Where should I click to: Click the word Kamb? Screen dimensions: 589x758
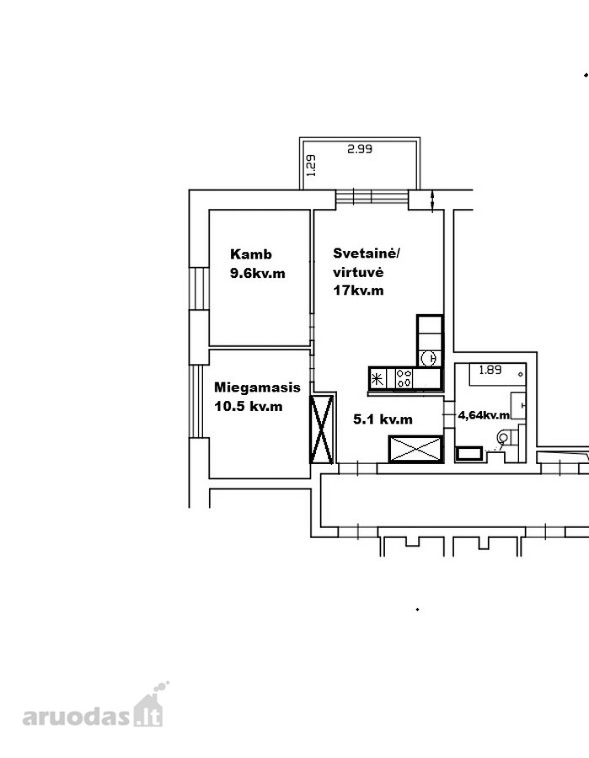click(250, 254)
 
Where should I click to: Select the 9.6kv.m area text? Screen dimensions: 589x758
click(257, 274)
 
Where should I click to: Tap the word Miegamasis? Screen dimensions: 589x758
click(257, 387)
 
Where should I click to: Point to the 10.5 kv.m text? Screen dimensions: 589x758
click(248, 407)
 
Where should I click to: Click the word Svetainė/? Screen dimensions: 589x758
click(367, 254)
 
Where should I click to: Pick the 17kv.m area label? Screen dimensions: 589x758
click(358, 291)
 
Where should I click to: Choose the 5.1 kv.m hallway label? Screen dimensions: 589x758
click(383, 419)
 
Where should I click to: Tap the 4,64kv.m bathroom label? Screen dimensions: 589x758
click(484, 415)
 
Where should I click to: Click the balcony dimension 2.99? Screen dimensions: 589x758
click(360, 149)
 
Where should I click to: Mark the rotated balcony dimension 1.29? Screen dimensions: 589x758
click(311, 165)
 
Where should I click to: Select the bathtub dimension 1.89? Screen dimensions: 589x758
click(490, 370)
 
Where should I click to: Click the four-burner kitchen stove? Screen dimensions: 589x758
click(404, 378)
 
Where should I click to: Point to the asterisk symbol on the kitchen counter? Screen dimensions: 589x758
click(377, 378)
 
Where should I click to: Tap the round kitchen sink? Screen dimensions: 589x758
click(430, 358)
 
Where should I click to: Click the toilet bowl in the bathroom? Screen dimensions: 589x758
click(503, 438)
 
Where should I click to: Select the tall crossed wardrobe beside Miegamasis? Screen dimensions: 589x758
click(322, 429)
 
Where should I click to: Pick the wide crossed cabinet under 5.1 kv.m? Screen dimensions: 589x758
click(416, 449)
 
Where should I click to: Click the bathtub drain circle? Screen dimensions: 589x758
click(521, 375)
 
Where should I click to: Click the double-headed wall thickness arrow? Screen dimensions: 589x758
click(432, 200)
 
